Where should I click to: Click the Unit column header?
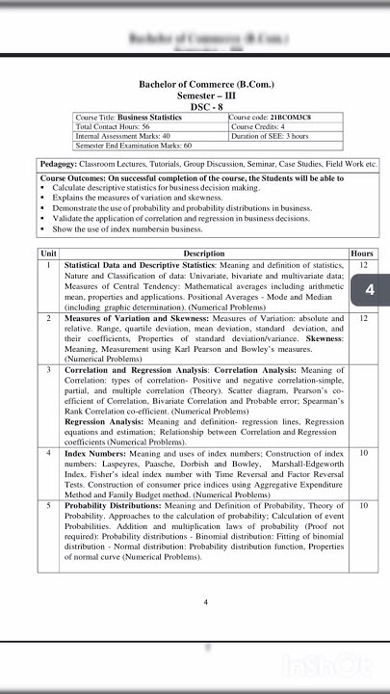click(48, 254)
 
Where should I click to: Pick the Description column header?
click(203, 254)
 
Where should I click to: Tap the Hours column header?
click(362, 254)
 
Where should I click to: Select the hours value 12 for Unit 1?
click(362, 264)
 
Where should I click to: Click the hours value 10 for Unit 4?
click(362, 452)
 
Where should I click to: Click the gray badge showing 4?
click(371, 290)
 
